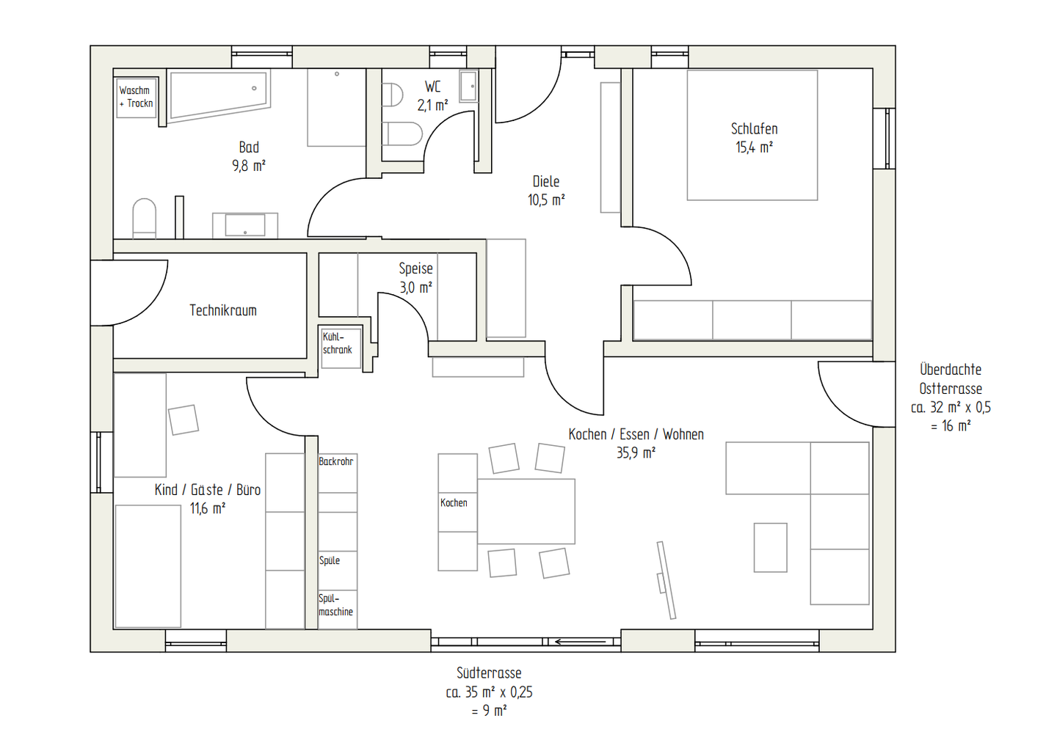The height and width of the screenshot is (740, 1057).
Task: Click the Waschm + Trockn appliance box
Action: [137, 97]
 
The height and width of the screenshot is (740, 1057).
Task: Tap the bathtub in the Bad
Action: [219, 95]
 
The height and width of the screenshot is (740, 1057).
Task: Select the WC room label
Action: [432, 87]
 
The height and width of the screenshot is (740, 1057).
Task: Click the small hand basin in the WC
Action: [468, 86]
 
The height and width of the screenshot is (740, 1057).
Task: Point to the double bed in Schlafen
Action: [752, 135]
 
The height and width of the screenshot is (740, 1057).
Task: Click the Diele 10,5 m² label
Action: [546, 191]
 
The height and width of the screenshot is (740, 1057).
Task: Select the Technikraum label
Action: [223, 310]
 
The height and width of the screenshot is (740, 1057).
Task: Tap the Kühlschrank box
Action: [341, 348]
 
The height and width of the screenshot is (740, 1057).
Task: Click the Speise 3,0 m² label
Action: [415, 278]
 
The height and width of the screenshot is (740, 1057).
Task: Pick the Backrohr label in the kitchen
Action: [336, 461]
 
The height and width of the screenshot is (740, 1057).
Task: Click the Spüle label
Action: [330, 560]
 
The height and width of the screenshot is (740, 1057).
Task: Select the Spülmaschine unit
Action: [338, 609]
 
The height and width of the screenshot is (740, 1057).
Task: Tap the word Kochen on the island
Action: [454, 503]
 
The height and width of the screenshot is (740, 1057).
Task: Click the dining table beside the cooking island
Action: [526, 511]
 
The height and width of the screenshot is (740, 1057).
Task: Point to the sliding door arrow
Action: [581, 642]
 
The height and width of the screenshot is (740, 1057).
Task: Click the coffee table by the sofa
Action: [771, 547]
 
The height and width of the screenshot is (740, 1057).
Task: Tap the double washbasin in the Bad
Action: [245, 225]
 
